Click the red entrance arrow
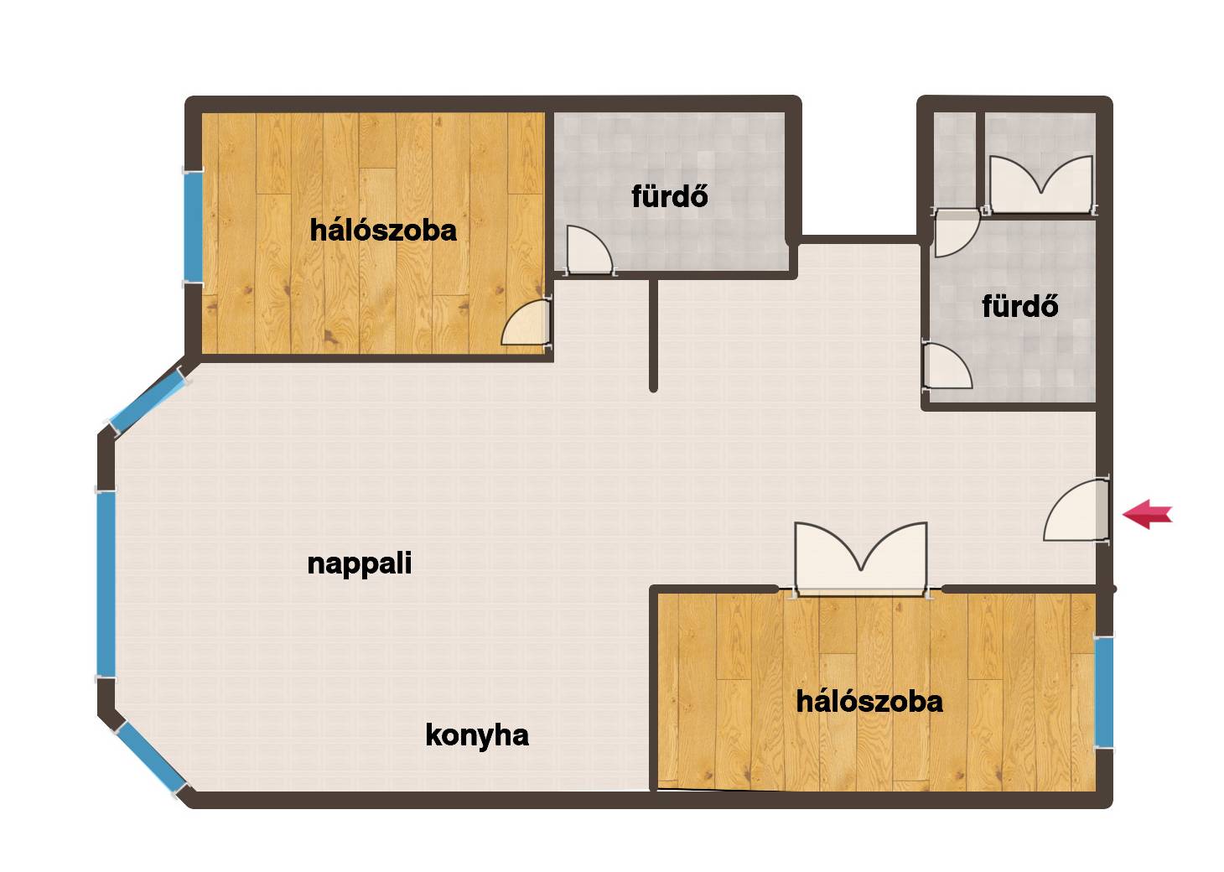tap(1147, 514)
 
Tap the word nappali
tap(360, 563)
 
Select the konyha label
tap(477, 736)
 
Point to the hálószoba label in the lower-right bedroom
tap(869, 702)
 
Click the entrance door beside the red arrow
tap(1076, 511)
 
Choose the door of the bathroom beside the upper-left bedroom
tap(589, 250)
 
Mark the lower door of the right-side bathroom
tap(947, 366)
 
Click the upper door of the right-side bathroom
tap(957, 233)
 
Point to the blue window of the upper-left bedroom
tap(193, 226)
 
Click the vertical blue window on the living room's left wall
tap(106, 584)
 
